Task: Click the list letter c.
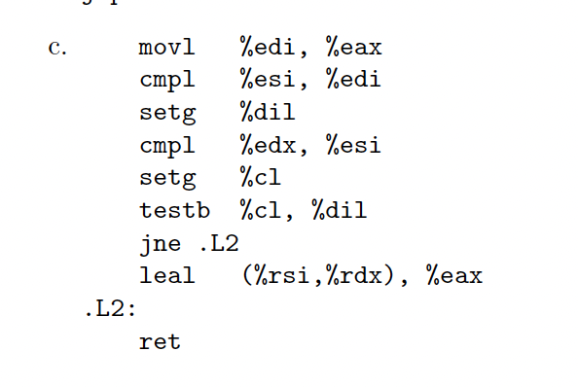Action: coord(56,48)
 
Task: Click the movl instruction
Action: coord(166,47)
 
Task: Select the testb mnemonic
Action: coord(173,209)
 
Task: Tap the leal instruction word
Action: coord(166,276)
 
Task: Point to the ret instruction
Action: coord(160,341)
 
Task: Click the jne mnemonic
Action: coord(160,243)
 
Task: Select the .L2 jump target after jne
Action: coord(218,243)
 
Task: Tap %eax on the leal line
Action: coord(454,276)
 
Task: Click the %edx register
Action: coord(267,146)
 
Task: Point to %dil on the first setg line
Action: coord(267,113)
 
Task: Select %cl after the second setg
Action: coord(260,178)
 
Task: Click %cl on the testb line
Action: coord(261,209)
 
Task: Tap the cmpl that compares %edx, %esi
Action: coord(166,146)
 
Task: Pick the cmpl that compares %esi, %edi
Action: coord(166,80)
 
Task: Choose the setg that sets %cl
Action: coord(166,178)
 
